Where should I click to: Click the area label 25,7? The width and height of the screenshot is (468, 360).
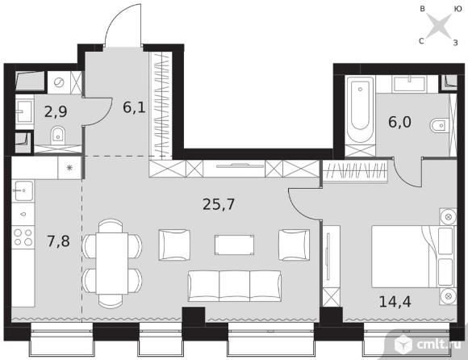pos(219,205)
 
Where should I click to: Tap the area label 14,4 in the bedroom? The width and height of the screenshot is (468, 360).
pos(395,302)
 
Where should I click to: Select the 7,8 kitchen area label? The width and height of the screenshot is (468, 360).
pos(58,241)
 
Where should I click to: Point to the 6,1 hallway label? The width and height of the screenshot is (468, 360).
pos(134,107)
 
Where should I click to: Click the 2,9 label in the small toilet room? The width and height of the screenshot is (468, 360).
pos(56,111)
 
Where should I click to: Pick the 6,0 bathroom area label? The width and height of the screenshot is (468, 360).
pos(399,122)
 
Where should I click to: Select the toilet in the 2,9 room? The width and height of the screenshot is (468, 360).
pos(58,135)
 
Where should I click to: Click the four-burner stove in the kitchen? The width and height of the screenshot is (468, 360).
pos(23,237)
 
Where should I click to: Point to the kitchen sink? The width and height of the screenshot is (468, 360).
pos(23,190)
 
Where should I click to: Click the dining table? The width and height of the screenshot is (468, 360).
pos(112,263)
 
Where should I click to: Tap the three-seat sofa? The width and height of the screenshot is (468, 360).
pos(235,286)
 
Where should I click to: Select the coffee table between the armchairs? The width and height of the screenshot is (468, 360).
pos(234,245)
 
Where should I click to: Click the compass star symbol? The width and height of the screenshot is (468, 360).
pos(439,25)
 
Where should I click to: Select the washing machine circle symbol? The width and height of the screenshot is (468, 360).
pos(59,82)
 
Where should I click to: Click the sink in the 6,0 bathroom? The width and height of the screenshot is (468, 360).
pos(409,84)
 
